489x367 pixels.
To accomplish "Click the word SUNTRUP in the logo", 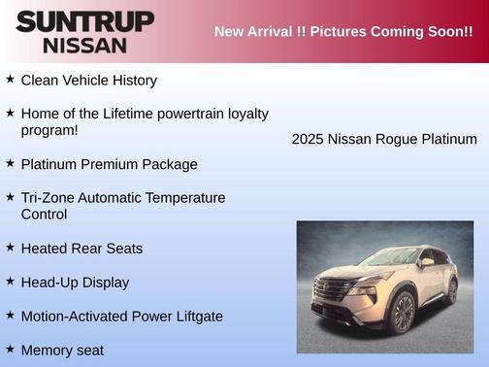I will coord(84,21).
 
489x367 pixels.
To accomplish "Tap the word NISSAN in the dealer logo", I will coord(84,45).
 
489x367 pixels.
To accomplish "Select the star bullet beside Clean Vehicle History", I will coord(11,80).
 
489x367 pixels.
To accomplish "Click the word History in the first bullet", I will coord(130,81).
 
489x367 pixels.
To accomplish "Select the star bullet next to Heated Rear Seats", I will coord(11,248).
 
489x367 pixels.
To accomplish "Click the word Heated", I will coord(45,249).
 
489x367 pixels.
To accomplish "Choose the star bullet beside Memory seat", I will coord(11,349).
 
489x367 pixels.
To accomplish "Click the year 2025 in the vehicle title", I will coord(308,140).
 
